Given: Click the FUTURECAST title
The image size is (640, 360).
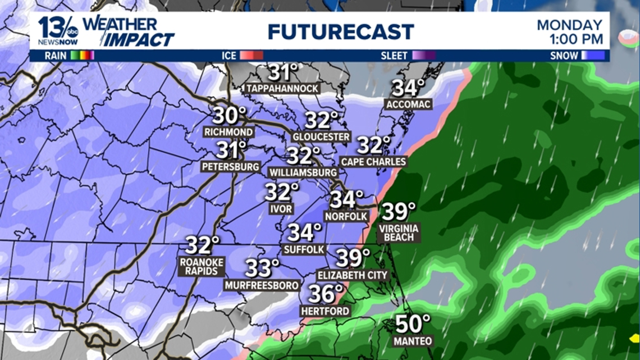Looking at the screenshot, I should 341,31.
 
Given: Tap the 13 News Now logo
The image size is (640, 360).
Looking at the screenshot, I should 58,31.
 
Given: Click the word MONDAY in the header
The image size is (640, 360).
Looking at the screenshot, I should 569,25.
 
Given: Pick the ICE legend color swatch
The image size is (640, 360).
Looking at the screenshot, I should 252,56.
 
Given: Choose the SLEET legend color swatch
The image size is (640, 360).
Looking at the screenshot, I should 424,56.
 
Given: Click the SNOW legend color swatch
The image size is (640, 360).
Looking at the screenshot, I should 593,56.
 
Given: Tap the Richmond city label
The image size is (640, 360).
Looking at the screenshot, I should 228,132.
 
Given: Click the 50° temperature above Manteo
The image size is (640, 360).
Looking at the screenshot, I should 413,324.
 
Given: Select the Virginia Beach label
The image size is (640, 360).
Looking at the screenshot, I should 399,233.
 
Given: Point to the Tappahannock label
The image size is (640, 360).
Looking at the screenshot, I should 282,88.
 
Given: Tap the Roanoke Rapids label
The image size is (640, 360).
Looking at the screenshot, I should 202,266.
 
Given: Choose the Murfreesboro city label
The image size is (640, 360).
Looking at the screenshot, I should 262,285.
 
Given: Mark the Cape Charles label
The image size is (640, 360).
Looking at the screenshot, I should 373,162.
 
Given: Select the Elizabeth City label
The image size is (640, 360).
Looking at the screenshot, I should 353,275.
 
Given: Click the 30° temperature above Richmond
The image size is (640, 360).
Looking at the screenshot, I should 229,116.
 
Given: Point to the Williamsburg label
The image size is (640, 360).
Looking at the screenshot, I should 303,172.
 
